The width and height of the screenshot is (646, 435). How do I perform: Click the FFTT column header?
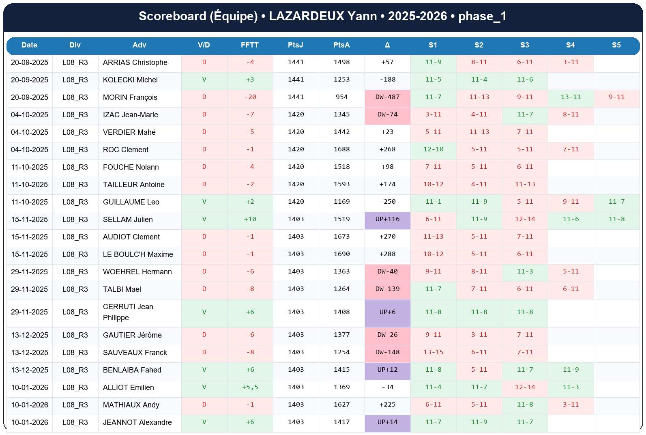pos(249,45)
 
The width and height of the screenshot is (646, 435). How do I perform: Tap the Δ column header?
pos(387,45)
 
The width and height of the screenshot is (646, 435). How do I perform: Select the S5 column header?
pos(616,45)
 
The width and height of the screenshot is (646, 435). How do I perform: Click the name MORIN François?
pos(130,97)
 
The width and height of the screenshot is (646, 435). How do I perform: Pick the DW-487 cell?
pos(387,97)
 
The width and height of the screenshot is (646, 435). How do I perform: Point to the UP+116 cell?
pos(387,219)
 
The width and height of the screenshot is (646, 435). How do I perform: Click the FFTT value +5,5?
pos(250,387)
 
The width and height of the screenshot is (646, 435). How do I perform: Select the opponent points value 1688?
pos(341,149)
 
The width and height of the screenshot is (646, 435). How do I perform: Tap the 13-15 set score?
pos(433,352)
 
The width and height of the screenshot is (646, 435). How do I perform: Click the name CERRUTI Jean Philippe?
pos(128,312)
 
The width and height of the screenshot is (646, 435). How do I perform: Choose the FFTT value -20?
pos(250,97)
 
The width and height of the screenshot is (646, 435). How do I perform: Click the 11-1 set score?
pos(433,202)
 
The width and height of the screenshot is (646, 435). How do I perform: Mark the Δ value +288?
pos(387,254)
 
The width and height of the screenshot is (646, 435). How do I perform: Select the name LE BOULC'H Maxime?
pos(138,254)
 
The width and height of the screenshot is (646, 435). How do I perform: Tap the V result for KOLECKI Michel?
pos(204,80)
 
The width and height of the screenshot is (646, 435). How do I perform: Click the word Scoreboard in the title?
pos(172,16)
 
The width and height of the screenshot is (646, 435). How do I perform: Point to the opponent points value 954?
pos(341,97)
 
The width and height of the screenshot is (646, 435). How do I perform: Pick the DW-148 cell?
pos(387,352)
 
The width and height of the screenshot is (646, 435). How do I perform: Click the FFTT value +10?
pos(250,219)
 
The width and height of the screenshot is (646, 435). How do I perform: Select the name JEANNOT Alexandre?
pos(137,422)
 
